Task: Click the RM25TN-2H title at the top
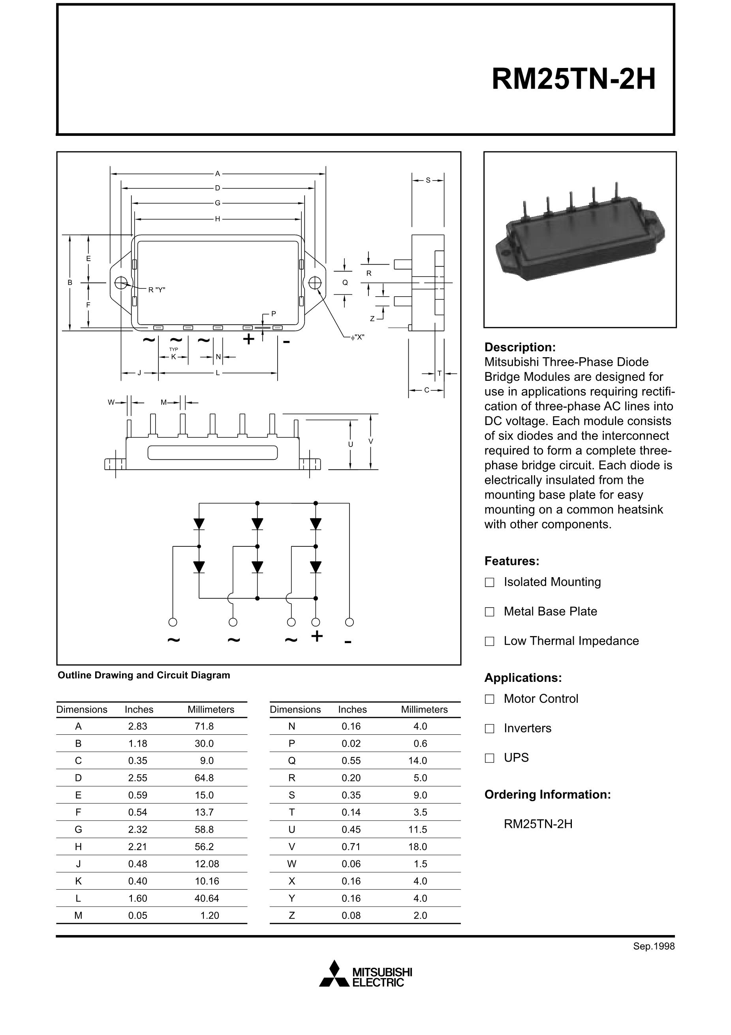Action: coord(573,79)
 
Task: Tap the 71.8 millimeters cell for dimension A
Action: coord(204,726)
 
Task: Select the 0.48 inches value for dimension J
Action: coord(137,864)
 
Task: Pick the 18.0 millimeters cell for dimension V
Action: coord(417,847)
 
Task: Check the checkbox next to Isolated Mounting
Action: coord(489,582)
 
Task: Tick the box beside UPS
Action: coord(489,758)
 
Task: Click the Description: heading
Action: coord(520,347)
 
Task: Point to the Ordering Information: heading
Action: coord(547,794)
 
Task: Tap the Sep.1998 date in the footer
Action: coord(654,946)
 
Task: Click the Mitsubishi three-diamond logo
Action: coord(334,974)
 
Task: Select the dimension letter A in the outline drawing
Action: coord(217,173)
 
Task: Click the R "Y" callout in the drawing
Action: coord(157,290)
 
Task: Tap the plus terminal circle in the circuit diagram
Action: coord(316,622)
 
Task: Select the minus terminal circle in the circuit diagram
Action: coord(349,622)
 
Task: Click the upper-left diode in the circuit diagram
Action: coord(199,524)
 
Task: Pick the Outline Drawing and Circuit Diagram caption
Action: coord(144,675)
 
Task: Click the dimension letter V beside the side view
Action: coord(370,441)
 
